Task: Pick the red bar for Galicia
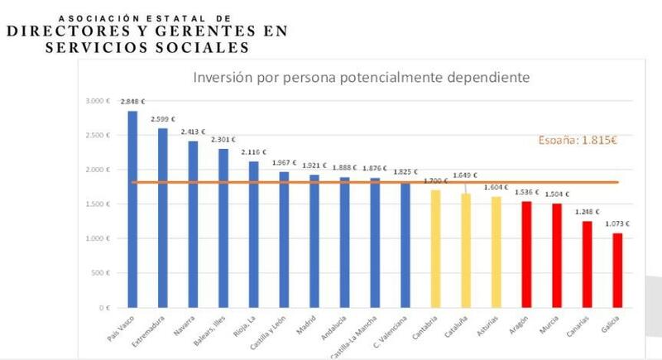pos(616,270)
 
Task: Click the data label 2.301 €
pos(223,140)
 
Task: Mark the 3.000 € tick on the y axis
pos(98,101)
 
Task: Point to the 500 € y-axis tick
pos(101,273)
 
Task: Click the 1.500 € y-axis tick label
pos(98,204)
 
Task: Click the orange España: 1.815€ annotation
pos(579,139)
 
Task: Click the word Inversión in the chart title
pos(221,78)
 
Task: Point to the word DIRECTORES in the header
pos(71,31)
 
